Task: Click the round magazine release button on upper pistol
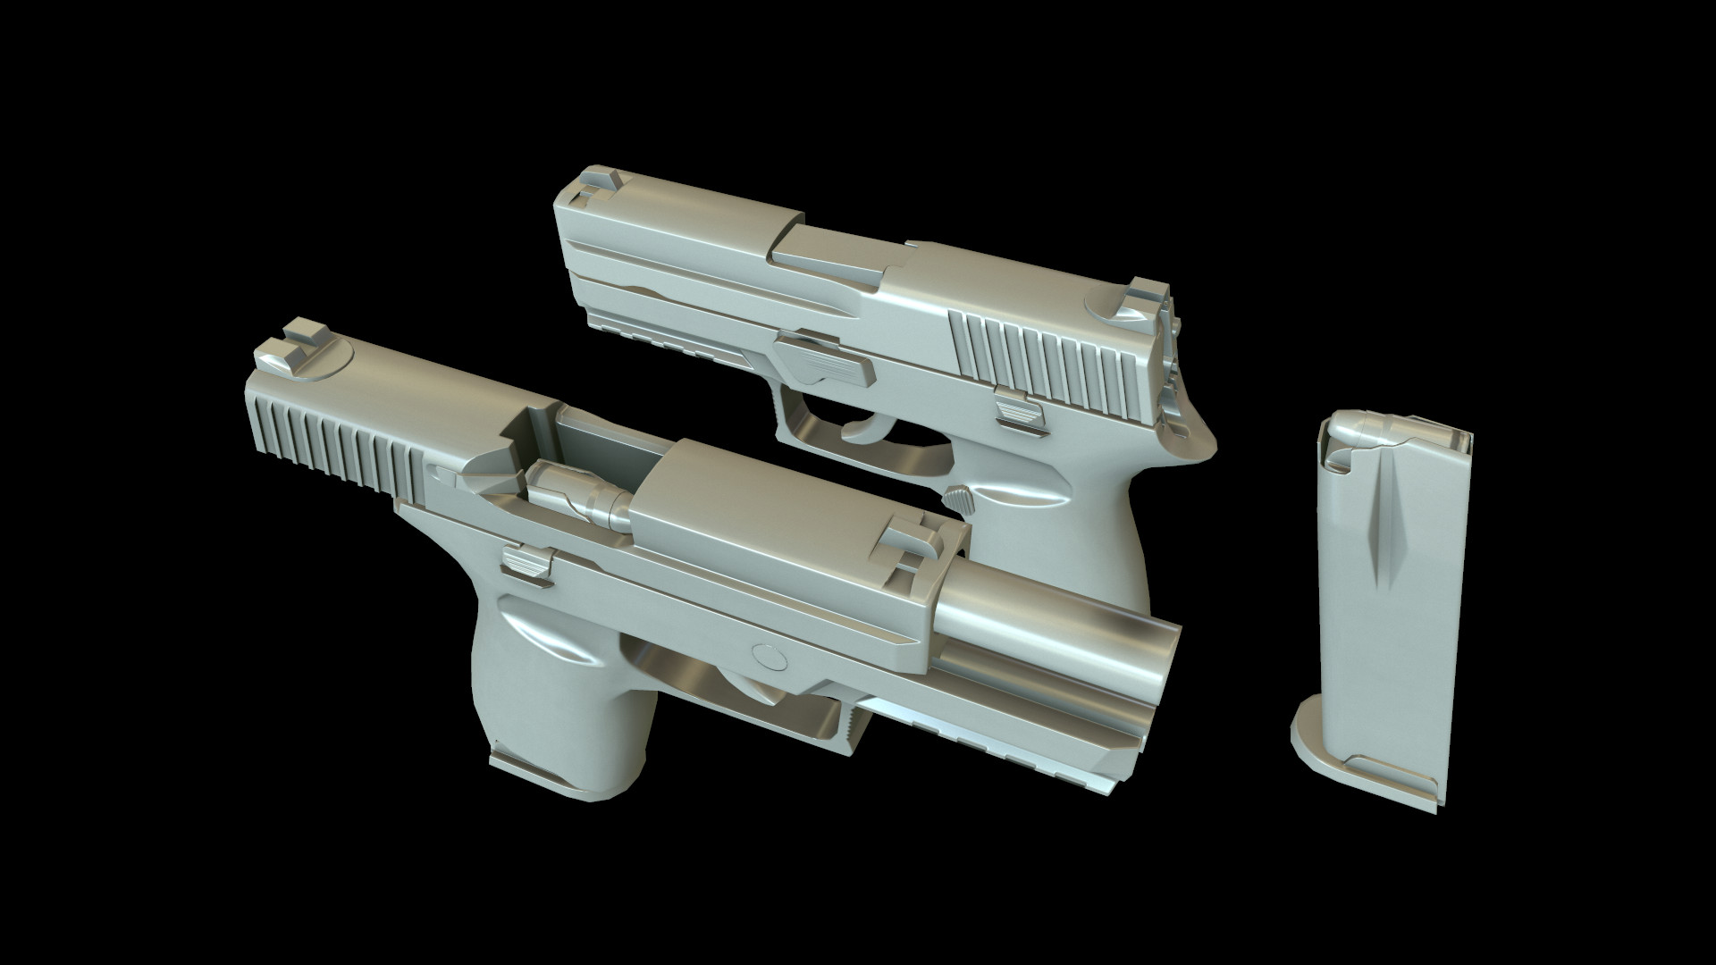click(x=958, y=497)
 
